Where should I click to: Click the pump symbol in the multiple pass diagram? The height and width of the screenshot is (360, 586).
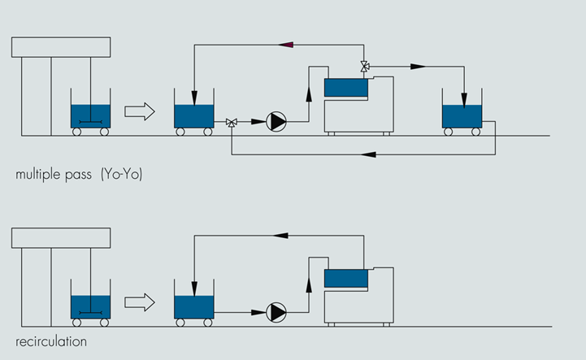(x=277, y=122)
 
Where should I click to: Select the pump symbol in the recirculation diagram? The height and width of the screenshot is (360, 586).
(x=277, y=311)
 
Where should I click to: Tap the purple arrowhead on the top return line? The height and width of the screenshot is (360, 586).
(x=285, y=45)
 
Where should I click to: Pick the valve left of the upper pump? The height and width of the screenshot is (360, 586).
(x=232, y=123)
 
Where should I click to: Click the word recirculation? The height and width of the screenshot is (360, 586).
(x=51, y=342)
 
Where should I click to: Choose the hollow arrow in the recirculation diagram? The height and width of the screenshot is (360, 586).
(x=139, y=302)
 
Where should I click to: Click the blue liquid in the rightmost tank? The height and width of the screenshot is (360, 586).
(x=462, y=116)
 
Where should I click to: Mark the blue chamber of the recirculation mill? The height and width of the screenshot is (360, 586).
(x=345, y=278)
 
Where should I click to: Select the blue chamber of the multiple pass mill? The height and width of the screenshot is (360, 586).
(x=345, y=86)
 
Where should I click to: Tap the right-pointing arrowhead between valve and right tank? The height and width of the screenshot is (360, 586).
(x=418, y=66)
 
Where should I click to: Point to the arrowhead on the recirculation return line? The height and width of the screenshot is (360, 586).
(x=281, y=235)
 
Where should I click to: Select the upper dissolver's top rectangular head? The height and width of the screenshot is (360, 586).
(x=61, y=47)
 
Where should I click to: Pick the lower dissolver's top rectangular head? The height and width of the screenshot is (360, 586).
(x=61, y=238)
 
